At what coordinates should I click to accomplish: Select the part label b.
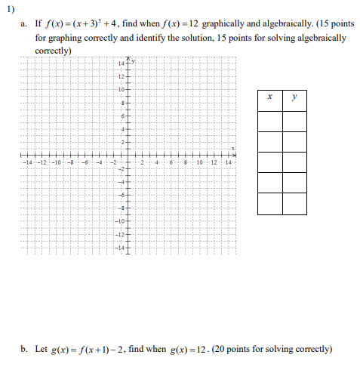point(24,349)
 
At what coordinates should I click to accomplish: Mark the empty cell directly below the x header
point(269,121)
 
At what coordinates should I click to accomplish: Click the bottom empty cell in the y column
point(295,202)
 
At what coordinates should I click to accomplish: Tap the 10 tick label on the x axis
point(200,164)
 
